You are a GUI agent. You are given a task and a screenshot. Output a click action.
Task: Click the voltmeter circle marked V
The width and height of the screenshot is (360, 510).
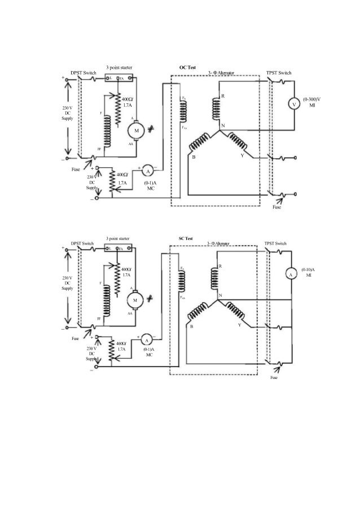pyautogui.click(x=293, y=104)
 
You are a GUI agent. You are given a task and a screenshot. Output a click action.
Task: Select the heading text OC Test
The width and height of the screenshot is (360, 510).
pyautogui.click(x=187, y=67)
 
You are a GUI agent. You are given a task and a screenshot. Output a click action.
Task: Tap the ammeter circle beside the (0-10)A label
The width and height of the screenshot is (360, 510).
pyautogui.click(x=292, y=274)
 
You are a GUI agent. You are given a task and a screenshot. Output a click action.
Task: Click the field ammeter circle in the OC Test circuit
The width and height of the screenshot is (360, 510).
pyautogui.click(x=148, y=170)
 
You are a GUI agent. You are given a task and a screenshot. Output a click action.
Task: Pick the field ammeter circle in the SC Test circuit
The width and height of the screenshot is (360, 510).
pyautogui.click(x=146, y=340)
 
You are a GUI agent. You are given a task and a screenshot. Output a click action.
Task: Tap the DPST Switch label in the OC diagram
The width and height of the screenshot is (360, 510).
pyautogui.click(x=82, y=73)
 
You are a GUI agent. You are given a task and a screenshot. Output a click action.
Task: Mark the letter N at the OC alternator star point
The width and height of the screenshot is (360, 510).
pyautogui.click(x=223, y=125)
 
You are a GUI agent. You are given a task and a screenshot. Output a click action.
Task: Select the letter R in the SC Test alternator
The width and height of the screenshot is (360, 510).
pyautogui.click(x=219, y=266)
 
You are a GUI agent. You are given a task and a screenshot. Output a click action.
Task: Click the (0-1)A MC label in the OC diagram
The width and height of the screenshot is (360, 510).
pyautogui.click(x=150, y=185)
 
